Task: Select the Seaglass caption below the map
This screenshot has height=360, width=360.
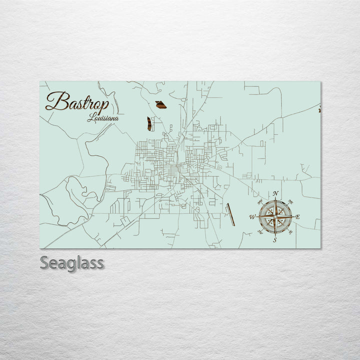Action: (72, 263)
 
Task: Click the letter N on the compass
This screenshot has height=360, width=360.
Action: (275, 193)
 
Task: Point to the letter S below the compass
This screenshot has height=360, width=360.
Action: (274, 240)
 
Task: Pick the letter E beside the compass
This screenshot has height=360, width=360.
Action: (298, 217)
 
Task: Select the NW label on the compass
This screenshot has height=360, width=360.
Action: (260, 202)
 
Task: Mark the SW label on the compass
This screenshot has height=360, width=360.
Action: (260, 231)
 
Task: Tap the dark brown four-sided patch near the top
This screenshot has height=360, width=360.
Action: (160, 104)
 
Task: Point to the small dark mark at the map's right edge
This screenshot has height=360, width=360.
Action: (319, 110)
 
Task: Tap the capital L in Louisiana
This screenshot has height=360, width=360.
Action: (90, 118)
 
